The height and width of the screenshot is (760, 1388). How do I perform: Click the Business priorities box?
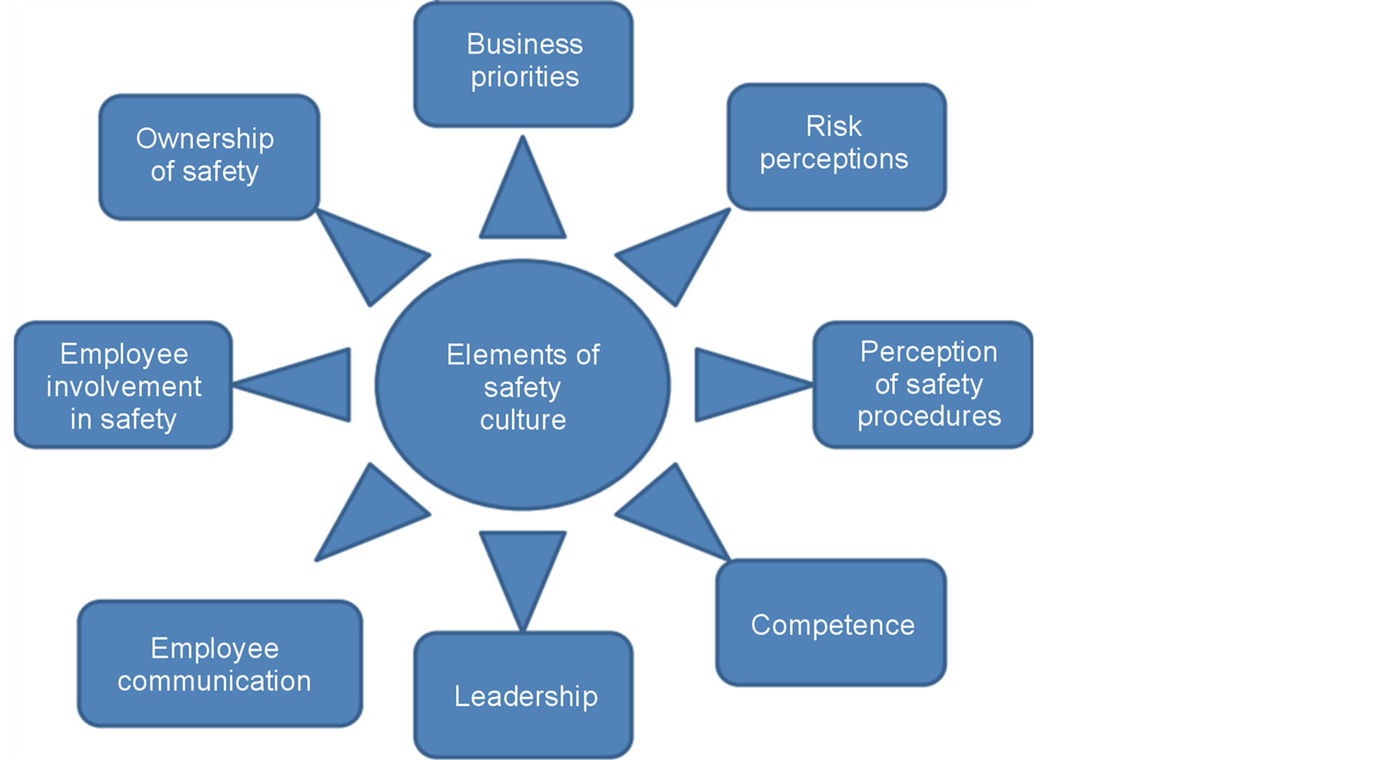coord(524,63)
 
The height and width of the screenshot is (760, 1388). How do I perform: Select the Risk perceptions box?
coord(836,146)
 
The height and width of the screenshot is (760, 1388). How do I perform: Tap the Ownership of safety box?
coord(209,156)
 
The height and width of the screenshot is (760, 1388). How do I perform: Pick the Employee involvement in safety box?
coord(123,385)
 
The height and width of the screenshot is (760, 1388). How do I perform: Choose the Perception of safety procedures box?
coord(923,385)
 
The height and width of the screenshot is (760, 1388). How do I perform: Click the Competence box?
coord(831,623)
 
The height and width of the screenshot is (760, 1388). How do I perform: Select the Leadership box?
coord(524,695)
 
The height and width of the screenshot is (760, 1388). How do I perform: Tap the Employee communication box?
coord(219,663)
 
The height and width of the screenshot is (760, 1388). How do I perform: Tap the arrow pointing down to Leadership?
coord(523,565)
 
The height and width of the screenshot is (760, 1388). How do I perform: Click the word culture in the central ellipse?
coord(523,420)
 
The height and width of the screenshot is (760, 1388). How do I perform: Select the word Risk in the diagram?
coord(834,126)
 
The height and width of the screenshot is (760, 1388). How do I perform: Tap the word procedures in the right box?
coord(929,416)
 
